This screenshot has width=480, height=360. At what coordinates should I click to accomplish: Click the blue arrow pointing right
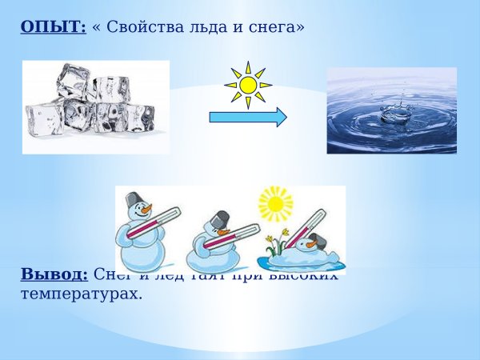pyautogui.click(x=247, y=118)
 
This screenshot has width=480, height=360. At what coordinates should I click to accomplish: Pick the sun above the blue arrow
pyautogui.click(x=248, y=84)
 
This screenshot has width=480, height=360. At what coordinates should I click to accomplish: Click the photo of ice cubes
pyautogui.click(x=96, y=106)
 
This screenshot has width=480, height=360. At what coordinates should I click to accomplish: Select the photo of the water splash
pyautogui.click(x=391, y=110)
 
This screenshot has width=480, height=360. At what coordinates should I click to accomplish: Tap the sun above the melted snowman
pyautogui.click(x=276, y=204)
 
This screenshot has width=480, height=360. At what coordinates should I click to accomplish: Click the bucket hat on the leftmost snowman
pyautogui.click(x=133, y=198)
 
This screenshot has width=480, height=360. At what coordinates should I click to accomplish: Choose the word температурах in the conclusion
pyautogui.click(x=81, y=294)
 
